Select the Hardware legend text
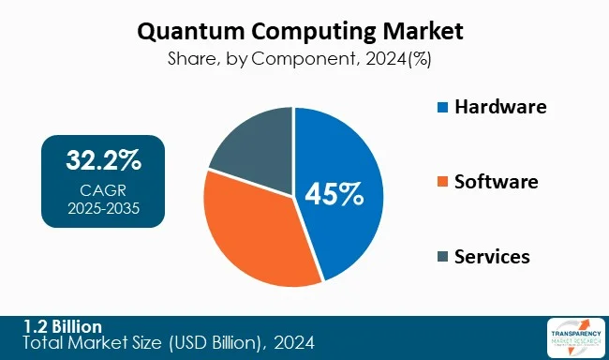[500, 107]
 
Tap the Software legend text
[497, 182]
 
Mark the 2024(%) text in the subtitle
[397, 58]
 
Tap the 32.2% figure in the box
[103, 160]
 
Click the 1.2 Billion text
[64, 326]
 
